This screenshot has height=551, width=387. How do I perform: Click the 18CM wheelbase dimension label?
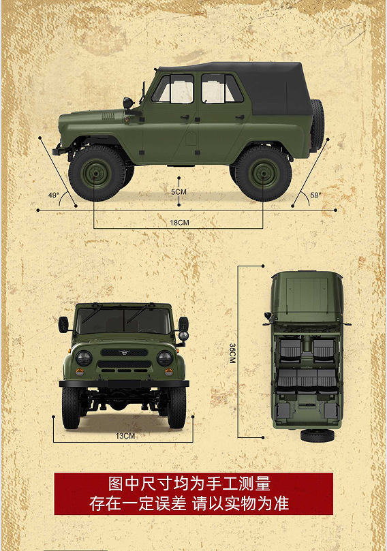(x=179, y=223)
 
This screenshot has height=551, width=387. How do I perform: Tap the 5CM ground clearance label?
(x=179, y=192)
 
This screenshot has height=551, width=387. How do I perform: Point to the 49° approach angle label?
(x=53, y=195)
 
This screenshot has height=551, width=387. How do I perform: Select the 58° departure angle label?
(x=315, y=195)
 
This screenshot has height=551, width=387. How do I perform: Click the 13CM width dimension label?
(x=125, y=436)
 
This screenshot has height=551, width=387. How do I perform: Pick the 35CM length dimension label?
(x=232, y=353)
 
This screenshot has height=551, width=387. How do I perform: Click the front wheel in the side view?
(x=97, y=173)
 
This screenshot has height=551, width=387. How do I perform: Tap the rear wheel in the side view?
(x=263, y=173)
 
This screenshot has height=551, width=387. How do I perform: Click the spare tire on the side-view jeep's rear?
(x=317, y=125)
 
